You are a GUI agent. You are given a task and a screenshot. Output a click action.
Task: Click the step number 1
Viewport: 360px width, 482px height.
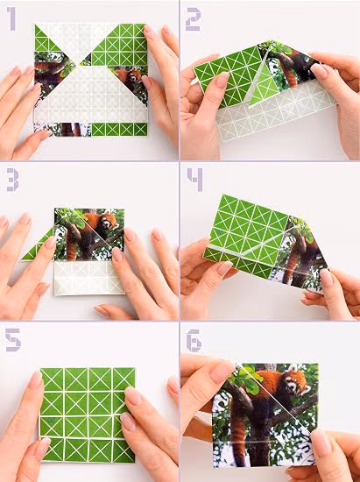[11, 19]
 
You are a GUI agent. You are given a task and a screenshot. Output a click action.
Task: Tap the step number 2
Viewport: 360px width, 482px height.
[194, 19]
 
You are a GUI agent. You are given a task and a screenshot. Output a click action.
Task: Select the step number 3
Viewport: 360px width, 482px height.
[13, 180]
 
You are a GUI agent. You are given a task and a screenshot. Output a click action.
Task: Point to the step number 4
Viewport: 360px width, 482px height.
[195, 180]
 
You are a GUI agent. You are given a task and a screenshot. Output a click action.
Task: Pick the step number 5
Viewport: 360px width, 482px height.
[13, 340]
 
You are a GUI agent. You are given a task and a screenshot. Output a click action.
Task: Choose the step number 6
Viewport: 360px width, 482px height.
[194, 341]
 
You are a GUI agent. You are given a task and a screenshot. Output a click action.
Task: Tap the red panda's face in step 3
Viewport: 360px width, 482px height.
[109, 223]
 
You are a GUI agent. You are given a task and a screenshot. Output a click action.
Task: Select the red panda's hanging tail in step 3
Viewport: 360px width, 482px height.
[71, 247]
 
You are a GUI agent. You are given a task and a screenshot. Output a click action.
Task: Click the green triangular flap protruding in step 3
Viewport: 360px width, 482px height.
[39, 245]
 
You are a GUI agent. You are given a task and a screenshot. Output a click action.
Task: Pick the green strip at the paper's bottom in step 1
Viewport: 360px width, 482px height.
[119, 130]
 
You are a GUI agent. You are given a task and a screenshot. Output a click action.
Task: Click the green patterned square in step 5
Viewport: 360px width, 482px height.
[88, 415]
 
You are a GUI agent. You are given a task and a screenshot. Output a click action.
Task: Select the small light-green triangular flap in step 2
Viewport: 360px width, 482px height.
[260, 88]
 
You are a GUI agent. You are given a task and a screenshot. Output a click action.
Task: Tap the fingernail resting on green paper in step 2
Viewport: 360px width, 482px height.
[222, 79]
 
